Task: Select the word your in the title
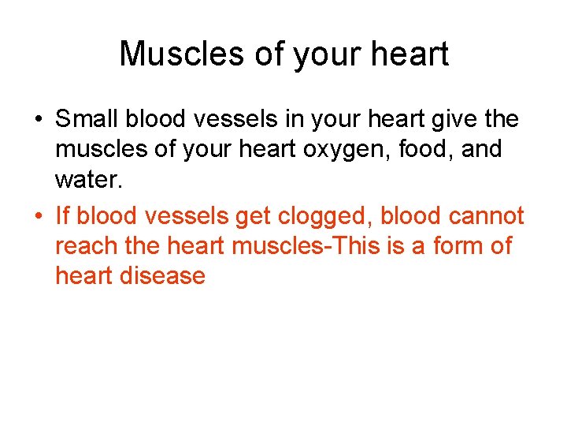pyautogui.click(x=319, y=54)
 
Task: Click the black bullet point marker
pyautogui.click(x=38, y=121)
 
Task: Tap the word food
pyautogui.click(x=431, y=148)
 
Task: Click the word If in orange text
pyautogui.click(x=62, y=216)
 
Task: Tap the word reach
pyautogui.click(x=87, y=246)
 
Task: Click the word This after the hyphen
pyautogui.click(x=359, y=246)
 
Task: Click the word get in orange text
pyautogui.click(x=251, y=216)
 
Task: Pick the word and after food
pyautogui.click(x=481, y=148)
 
